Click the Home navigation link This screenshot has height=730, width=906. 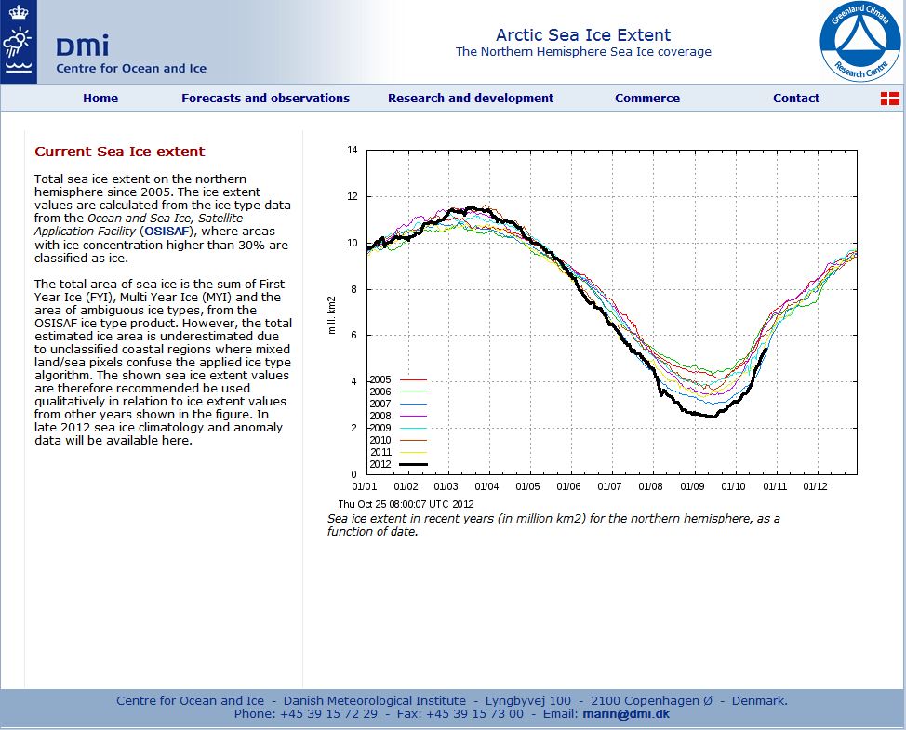tap(100, 98)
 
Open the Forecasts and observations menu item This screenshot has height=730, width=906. tap(265, 98)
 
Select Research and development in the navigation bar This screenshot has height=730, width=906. tap(470, 98)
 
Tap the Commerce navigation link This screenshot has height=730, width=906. tap(646, 98)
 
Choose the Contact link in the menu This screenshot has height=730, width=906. tap(795, 98)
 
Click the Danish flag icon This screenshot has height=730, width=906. tap(889, 99)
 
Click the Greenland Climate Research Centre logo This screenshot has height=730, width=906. tap(859, 41)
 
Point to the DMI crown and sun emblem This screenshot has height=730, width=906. tap(18, 42)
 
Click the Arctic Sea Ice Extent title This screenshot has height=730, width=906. tap(583, 35)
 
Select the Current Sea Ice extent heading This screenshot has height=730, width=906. tap(119, 152)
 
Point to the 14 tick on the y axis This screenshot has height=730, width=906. tap(352, 150)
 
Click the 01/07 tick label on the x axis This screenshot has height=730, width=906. tap(609, 485)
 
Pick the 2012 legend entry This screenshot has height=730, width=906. tap(397, 464)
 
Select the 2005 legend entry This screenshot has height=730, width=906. tap(397, 379)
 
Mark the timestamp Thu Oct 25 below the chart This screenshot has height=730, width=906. tap(406, 504)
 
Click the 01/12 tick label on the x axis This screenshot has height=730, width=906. tap(815, 485)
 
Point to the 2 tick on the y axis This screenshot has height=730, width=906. tap(354, 428)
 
